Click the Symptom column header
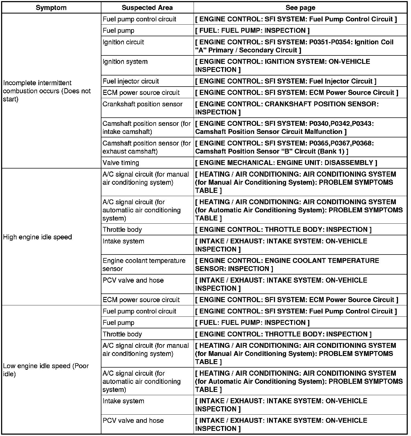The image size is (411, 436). [51, 8]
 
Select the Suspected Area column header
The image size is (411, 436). [147, 8]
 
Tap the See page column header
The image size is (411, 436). [300, 8]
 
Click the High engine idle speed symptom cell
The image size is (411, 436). [38, 237]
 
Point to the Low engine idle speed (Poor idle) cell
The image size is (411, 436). [46, 370]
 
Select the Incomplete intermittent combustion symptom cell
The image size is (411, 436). [47, 91]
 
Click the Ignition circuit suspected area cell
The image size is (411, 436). [123, 42]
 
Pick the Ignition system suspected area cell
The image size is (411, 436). [125, 62]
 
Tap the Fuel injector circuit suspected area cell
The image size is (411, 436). [131, 81]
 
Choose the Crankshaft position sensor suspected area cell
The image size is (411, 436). [142, 104]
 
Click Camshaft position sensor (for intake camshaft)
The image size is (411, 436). [147, 127]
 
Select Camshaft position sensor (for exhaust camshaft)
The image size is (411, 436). [147, 147]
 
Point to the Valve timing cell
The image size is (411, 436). [121, 163]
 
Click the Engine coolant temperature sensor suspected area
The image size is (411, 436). [144, 265]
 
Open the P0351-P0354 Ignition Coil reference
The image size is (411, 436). [294, 46]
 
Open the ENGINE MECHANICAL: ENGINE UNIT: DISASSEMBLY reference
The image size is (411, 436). [286, 163]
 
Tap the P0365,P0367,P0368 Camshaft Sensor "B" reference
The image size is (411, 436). [284, 147]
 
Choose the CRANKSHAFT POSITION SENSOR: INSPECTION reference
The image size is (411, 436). [287, 108]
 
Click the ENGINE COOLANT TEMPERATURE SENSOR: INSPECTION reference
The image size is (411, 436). [287, 265]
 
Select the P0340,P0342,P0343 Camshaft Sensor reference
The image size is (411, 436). [284, 127]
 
